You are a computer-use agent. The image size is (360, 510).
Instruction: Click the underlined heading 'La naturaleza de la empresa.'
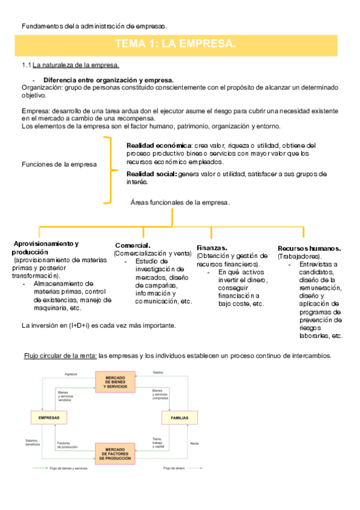click(x=76, y=65)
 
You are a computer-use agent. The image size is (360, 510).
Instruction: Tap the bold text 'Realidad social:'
click(x=151, y=174)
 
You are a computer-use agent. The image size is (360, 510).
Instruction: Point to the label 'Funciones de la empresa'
click(x=59, y=165)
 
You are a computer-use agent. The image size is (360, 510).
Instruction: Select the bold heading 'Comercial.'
click(x=132, y=245)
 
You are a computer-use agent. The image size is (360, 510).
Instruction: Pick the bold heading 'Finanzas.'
click(x=212, y=248)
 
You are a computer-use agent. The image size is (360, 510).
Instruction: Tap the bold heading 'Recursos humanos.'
click(x=310, y=248)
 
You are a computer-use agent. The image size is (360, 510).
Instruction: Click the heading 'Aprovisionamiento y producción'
click(x=46, y=247)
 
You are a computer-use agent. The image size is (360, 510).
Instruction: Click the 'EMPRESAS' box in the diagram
click(x=48, y=417)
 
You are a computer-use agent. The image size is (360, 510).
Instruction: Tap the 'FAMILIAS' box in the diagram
click(x=178, y=417)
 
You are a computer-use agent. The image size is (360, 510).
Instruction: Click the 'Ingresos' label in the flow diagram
click(x=71, y=372)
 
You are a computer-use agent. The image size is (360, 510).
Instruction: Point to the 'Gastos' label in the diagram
click(x=158, y=372)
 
